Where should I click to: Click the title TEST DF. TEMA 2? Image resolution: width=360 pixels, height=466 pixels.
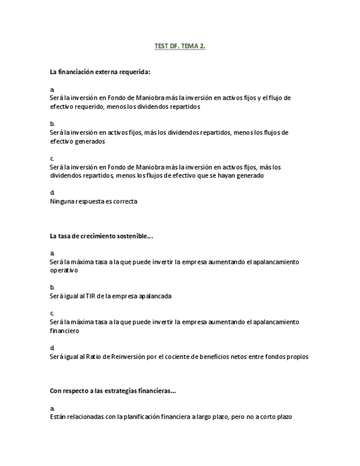180,46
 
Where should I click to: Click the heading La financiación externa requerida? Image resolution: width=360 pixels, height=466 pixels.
100,72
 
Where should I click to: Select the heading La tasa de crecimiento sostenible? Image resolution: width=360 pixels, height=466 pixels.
101,236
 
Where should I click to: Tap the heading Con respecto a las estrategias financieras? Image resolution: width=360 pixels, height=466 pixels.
113,391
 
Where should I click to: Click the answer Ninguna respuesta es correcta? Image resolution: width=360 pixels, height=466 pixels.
93,201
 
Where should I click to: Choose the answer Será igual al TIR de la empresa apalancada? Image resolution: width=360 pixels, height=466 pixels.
110,296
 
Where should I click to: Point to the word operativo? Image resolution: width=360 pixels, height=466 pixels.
64,270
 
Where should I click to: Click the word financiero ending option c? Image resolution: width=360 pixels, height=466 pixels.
64,331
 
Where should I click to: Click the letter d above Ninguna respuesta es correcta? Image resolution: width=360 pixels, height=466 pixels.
52,192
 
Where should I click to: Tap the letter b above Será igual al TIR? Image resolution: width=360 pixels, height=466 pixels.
52,287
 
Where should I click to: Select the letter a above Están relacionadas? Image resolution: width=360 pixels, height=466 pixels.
52,408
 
